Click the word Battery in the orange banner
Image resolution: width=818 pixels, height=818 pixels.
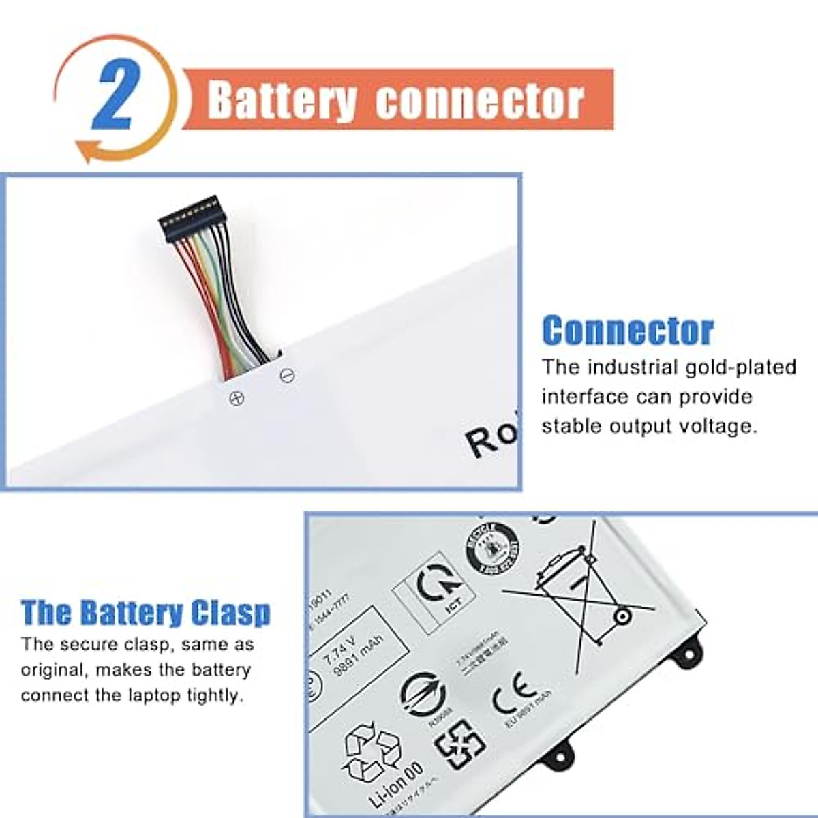coord(282,100)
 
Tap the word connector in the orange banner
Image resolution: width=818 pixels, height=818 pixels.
coord(479,101)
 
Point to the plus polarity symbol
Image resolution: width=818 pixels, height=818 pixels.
coord(237,398)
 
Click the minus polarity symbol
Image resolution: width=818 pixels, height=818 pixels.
coord(288,376)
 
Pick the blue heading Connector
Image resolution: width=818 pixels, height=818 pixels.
coord(628,331)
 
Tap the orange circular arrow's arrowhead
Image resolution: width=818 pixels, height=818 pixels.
coord(85,149)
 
